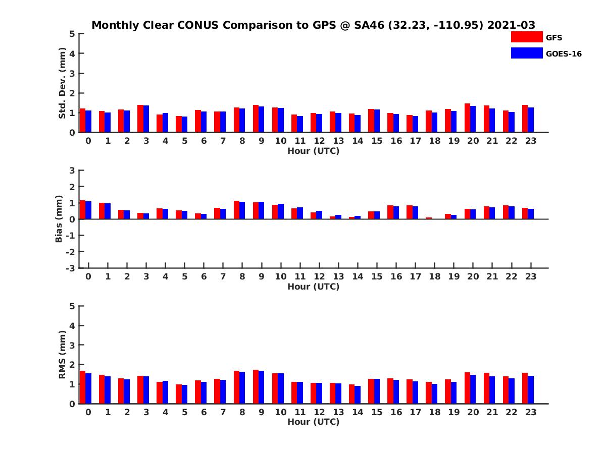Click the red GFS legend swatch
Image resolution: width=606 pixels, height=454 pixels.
coord(527,37)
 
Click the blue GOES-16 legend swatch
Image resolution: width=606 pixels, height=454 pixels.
coord(527,53)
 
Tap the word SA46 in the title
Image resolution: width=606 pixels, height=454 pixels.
coord(370,25)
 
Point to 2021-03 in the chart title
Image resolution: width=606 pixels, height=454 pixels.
coord(511,25)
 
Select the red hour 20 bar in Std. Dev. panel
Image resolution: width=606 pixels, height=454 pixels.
coord(468,118)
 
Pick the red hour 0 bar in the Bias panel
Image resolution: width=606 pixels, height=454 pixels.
coord(83,210)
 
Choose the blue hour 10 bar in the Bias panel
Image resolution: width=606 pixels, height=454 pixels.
coord(281,211)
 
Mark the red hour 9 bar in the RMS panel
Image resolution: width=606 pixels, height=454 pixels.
coord(256,387)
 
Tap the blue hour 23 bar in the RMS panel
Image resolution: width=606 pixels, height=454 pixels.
coord(531,390)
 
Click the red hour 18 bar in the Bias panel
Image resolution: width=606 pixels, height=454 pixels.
coord(429,218)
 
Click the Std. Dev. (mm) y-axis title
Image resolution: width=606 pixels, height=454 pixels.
coord(63,83)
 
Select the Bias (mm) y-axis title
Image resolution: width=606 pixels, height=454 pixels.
coord(59,219)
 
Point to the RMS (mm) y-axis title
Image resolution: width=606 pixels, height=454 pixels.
coord(63,355)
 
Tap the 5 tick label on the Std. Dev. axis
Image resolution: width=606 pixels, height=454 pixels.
coord(73,34)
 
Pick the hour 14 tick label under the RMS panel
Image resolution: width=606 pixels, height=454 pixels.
coord(358,412)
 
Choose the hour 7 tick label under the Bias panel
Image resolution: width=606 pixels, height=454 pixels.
coord(223,276)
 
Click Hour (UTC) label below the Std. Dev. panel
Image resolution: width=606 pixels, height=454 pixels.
coord(314,150)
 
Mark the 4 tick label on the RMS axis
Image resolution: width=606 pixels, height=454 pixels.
coord(73,325)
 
